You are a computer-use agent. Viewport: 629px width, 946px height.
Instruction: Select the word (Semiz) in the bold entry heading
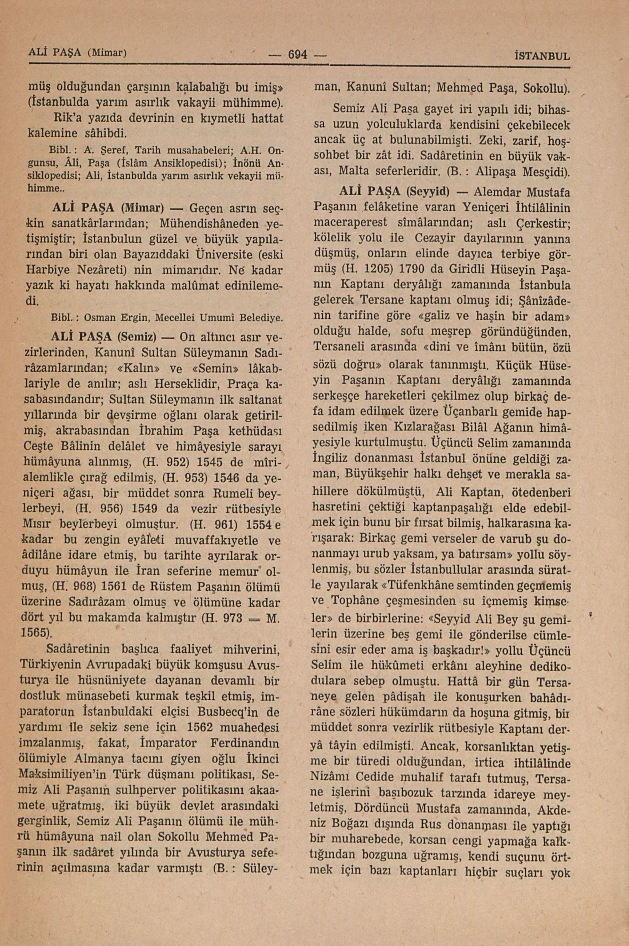pyautogui.click(x=138, y=336)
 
